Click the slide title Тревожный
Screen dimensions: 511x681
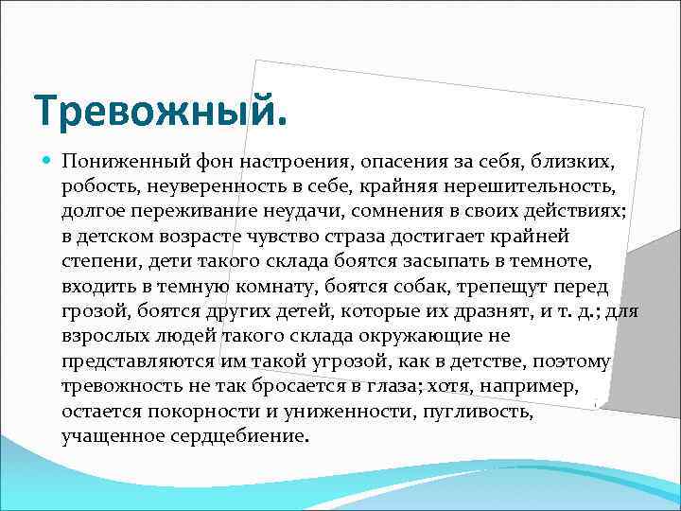point(159,113)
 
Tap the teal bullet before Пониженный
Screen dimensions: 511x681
point(48,162)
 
